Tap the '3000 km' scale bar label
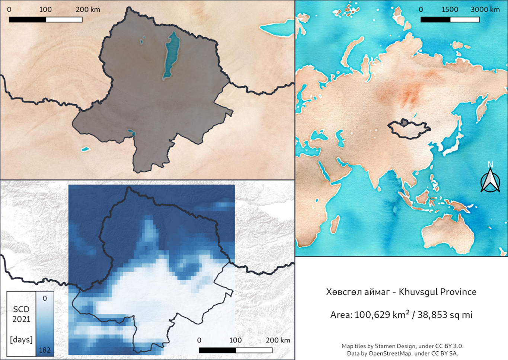coord(485,10)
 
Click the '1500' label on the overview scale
coord(450,10)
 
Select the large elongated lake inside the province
coord(170,56)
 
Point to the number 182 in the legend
coord(45,350)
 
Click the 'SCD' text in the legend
coord(21,309)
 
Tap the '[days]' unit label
coord(21,340)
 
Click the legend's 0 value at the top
coord(45,298)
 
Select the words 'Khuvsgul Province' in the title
coord(437,292)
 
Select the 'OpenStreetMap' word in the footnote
coord(390,353)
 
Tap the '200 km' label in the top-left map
coord(88,10)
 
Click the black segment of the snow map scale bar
coord(217,350)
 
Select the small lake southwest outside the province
coord(86,149)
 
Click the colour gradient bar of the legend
coord(45,324)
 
